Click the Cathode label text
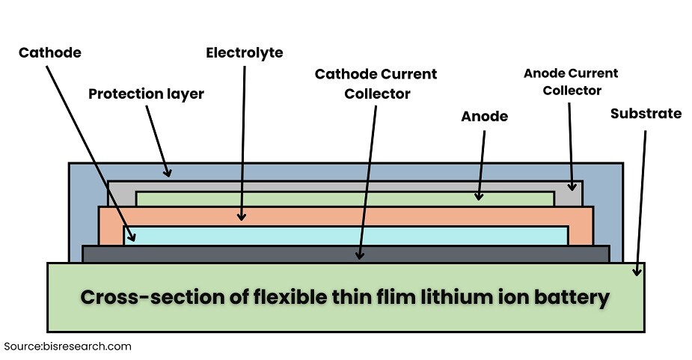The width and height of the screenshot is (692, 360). tap(50, 52)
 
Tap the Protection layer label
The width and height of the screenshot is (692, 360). tap(146, 94)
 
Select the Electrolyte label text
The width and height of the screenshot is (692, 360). tap(245, 52)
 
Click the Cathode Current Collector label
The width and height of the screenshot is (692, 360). tap(376, 84)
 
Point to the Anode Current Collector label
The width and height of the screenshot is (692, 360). tap(572, 82)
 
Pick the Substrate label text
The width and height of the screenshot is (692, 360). tap(646, 114)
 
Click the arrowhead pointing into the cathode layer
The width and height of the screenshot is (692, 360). tap(132, 237)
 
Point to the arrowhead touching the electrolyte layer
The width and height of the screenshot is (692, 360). tap(242, 216)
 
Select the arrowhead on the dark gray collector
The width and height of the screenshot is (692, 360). tap(360, 254)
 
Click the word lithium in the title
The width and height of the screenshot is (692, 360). tap(444, 296)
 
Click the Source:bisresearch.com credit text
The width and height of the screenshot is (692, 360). tap(68, 346)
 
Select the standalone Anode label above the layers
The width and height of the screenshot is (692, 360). tap(484, 116)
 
